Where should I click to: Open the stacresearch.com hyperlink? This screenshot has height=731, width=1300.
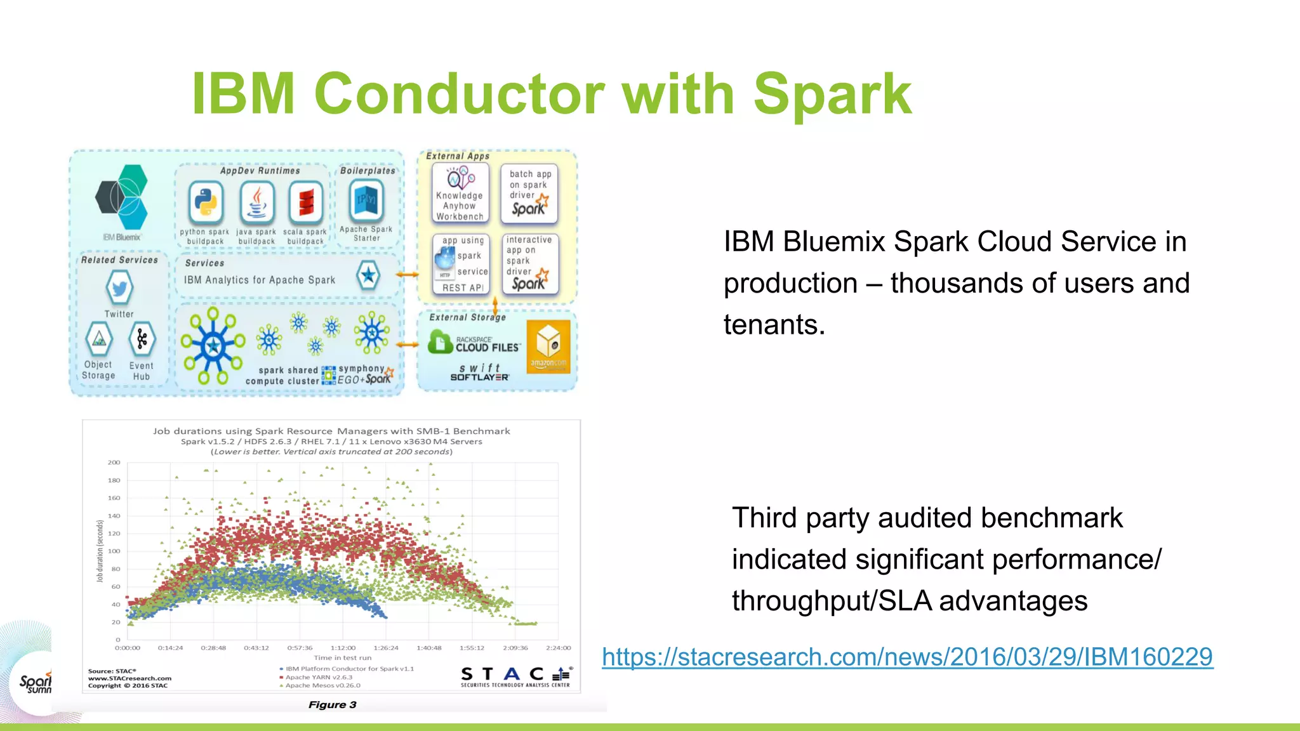[907, 657]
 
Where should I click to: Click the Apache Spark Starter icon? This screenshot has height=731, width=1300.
[366, 201]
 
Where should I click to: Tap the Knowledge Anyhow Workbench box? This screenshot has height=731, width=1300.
[460, 193]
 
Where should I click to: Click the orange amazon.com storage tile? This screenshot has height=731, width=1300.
[548, 346]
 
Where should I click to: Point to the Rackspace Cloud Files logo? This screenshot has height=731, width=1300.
[474, 344]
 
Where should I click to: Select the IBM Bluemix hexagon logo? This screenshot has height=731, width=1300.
[123, 197]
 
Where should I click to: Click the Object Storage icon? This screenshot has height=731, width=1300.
[99, 340]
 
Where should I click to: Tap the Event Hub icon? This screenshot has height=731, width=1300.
[142, 340]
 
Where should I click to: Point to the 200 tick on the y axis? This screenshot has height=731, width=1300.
[114, 463]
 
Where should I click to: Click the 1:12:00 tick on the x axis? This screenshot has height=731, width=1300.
[343, 648]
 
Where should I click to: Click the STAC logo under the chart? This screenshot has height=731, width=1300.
[515, 675]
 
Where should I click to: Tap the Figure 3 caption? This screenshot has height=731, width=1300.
[332, 704]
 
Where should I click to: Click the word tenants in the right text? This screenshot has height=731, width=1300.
[774, 325]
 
